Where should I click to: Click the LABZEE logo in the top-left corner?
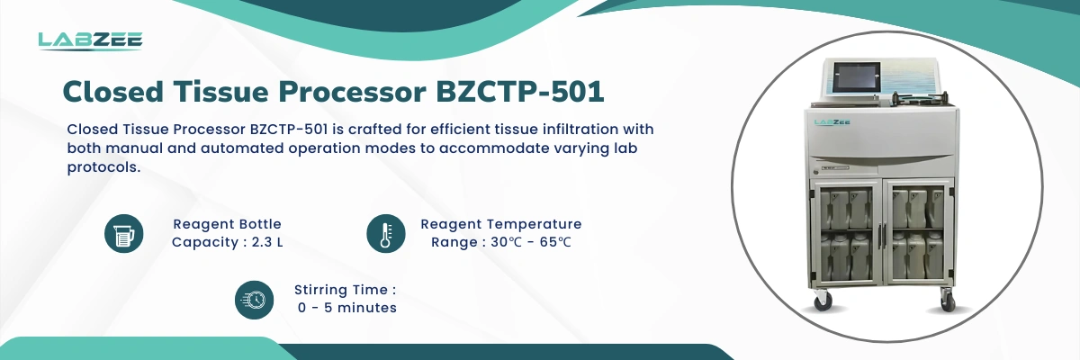click(90, 41)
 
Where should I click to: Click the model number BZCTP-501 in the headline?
click(520, 92)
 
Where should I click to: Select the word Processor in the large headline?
click(353, 92)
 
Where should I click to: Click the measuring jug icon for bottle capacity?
click(124, 234)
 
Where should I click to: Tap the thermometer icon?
click(386, 234)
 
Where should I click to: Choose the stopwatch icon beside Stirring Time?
click(254, 300)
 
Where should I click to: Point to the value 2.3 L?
click(267, 242)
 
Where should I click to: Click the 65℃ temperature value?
click(555, 242)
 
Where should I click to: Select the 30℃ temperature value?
click(506, 242)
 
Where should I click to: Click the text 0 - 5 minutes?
click(347, 308)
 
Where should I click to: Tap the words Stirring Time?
click(341, 290)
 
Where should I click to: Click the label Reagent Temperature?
click(501, 224)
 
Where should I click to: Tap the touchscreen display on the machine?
click(857, 76)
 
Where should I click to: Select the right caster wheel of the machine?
click(948, 302)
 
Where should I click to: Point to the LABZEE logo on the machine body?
click(832, 121)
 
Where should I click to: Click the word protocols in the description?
click(103, 167)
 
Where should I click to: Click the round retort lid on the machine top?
click(920, 99)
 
